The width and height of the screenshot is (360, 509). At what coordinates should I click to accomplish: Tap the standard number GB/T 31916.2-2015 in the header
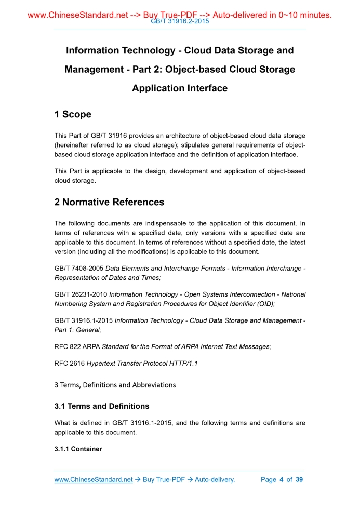click(x=179, y=21)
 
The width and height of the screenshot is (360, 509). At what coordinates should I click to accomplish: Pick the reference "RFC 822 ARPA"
click(x=77, y=346)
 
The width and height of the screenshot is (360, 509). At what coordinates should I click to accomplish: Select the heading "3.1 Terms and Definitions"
click(x=102, y=406)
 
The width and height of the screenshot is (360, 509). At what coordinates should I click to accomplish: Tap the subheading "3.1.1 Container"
click(x=78, y=449)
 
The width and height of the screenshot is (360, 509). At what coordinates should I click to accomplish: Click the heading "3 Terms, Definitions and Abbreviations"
click(x=115, y=385)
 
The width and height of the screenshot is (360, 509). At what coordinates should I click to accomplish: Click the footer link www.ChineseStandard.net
click(x=94, y=480)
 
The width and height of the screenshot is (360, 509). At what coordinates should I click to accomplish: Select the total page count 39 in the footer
click(x=299, y=480)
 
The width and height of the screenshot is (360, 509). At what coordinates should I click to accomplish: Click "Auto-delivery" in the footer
click(x=214, y=480)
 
